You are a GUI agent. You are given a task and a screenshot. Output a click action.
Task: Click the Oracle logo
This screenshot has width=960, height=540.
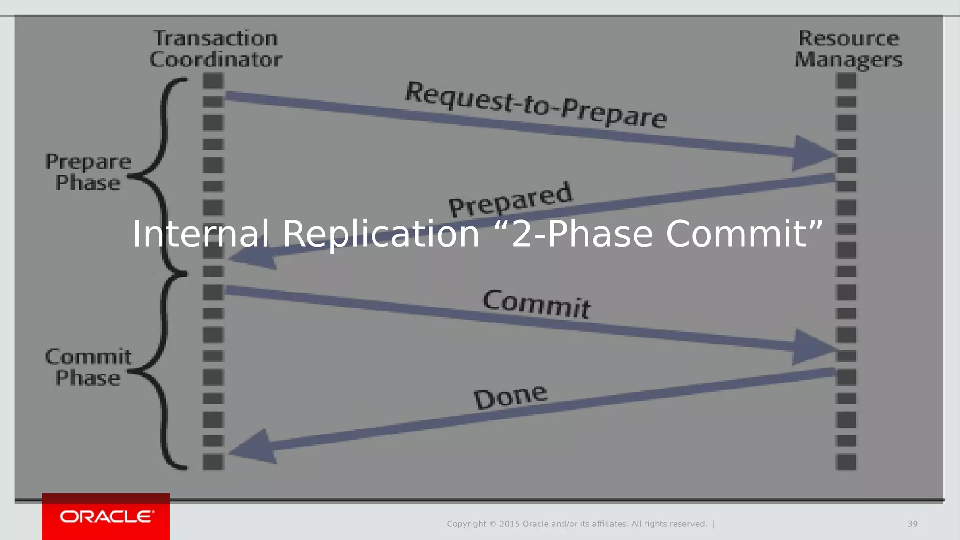coord(106,517)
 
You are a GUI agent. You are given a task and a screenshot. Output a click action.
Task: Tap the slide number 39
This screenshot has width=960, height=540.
coord(912,524)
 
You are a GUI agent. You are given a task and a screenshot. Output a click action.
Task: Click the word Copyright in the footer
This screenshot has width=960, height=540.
coord(466,524)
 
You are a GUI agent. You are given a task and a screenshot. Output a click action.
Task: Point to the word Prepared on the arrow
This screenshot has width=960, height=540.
coord(510,200)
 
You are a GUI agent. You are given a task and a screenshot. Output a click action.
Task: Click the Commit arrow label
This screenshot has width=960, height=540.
coord(537,305)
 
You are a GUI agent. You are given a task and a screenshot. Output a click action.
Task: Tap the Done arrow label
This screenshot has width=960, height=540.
coord(510,396)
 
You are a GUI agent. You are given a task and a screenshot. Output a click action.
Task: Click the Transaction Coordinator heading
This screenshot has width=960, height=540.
coord(216,49)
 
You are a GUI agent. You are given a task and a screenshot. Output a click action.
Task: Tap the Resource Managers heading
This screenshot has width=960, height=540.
coord(848,49)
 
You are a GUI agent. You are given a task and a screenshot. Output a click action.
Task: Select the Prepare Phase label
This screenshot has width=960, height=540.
coord(88,172)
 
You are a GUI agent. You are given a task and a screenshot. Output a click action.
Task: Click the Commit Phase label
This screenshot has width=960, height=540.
coord(88,367)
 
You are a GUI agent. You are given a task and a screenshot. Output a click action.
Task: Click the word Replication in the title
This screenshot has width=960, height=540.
coord(381,234)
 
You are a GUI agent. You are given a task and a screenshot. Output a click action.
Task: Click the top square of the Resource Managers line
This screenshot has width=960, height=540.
coord(846,81)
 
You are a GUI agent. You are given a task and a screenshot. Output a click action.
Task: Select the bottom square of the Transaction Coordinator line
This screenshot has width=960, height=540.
coord(213,462)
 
